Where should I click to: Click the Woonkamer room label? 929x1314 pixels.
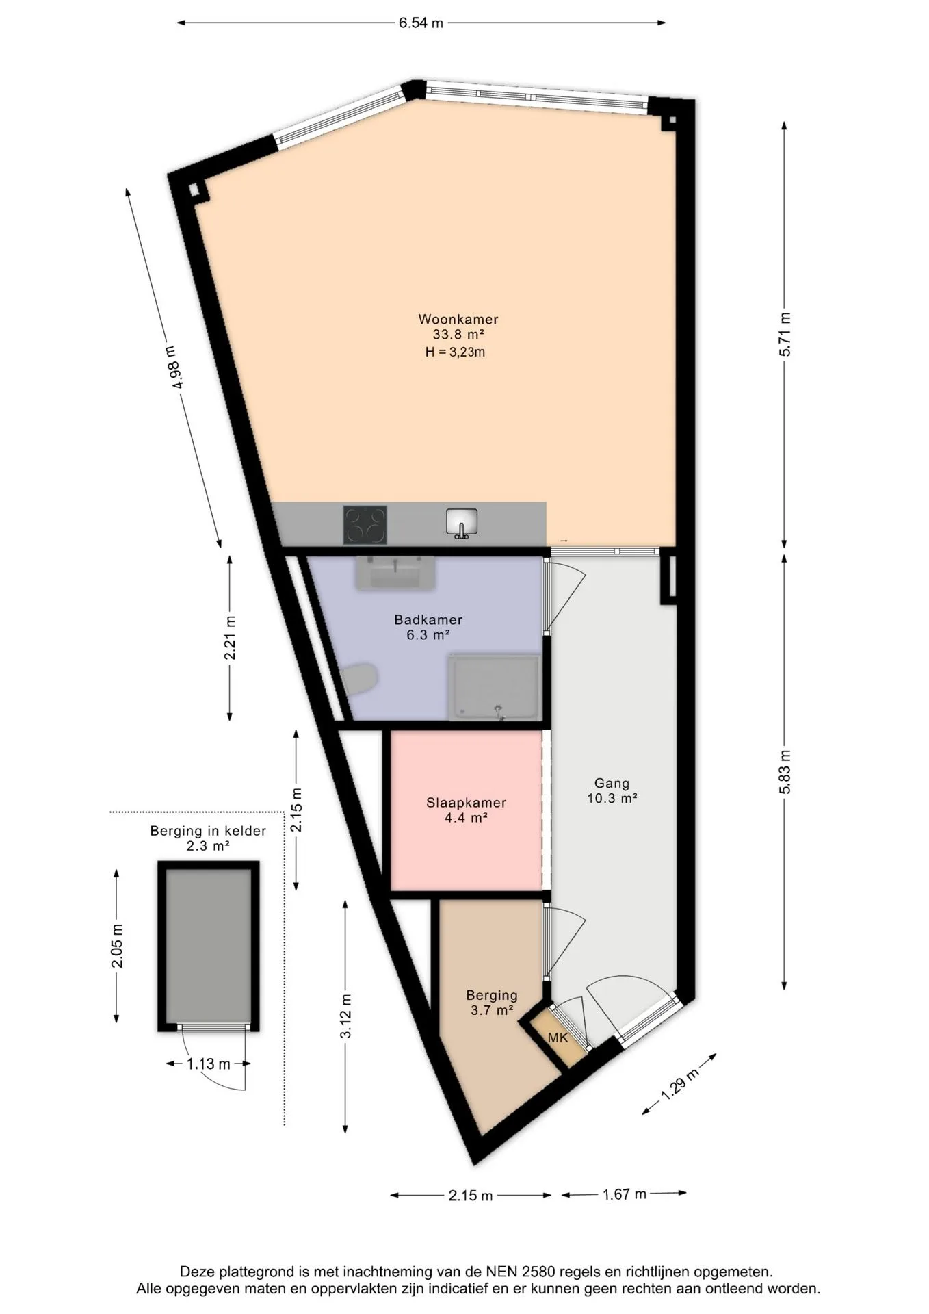pyautogui.click(x=458, y=319)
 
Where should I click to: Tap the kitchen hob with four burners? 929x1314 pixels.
pyautogui.click(x=365, y=525)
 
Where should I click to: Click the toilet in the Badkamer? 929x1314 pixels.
pyautogui.click(x=361, y=680)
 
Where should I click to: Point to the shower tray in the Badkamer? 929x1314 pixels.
pyautogui.click(x=495, y=687)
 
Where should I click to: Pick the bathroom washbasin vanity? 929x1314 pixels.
pyautogui.click(x=395, y=573)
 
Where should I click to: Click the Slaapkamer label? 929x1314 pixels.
pyautogui.click(x=467, y=803)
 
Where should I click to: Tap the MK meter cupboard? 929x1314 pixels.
pyautogui.click(x=558, y=1038)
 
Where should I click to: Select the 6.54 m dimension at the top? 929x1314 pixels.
pyautogui.click(x=421, y=23)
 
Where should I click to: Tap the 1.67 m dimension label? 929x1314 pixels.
pyautogui.click(x=625, y=1194)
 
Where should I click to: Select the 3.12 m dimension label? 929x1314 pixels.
pyautogui.click(x=346, y=1015)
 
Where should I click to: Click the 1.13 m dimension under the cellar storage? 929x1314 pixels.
pyautogui.click(x=209, y=1064)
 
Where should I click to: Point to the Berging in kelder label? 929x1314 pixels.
pyautogui.click(x=208, y=831)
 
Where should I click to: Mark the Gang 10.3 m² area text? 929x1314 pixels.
pyautogui.click(x=612, y=790)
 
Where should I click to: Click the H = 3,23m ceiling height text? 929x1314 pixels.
pyautogui.click(x=456, y=352)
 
